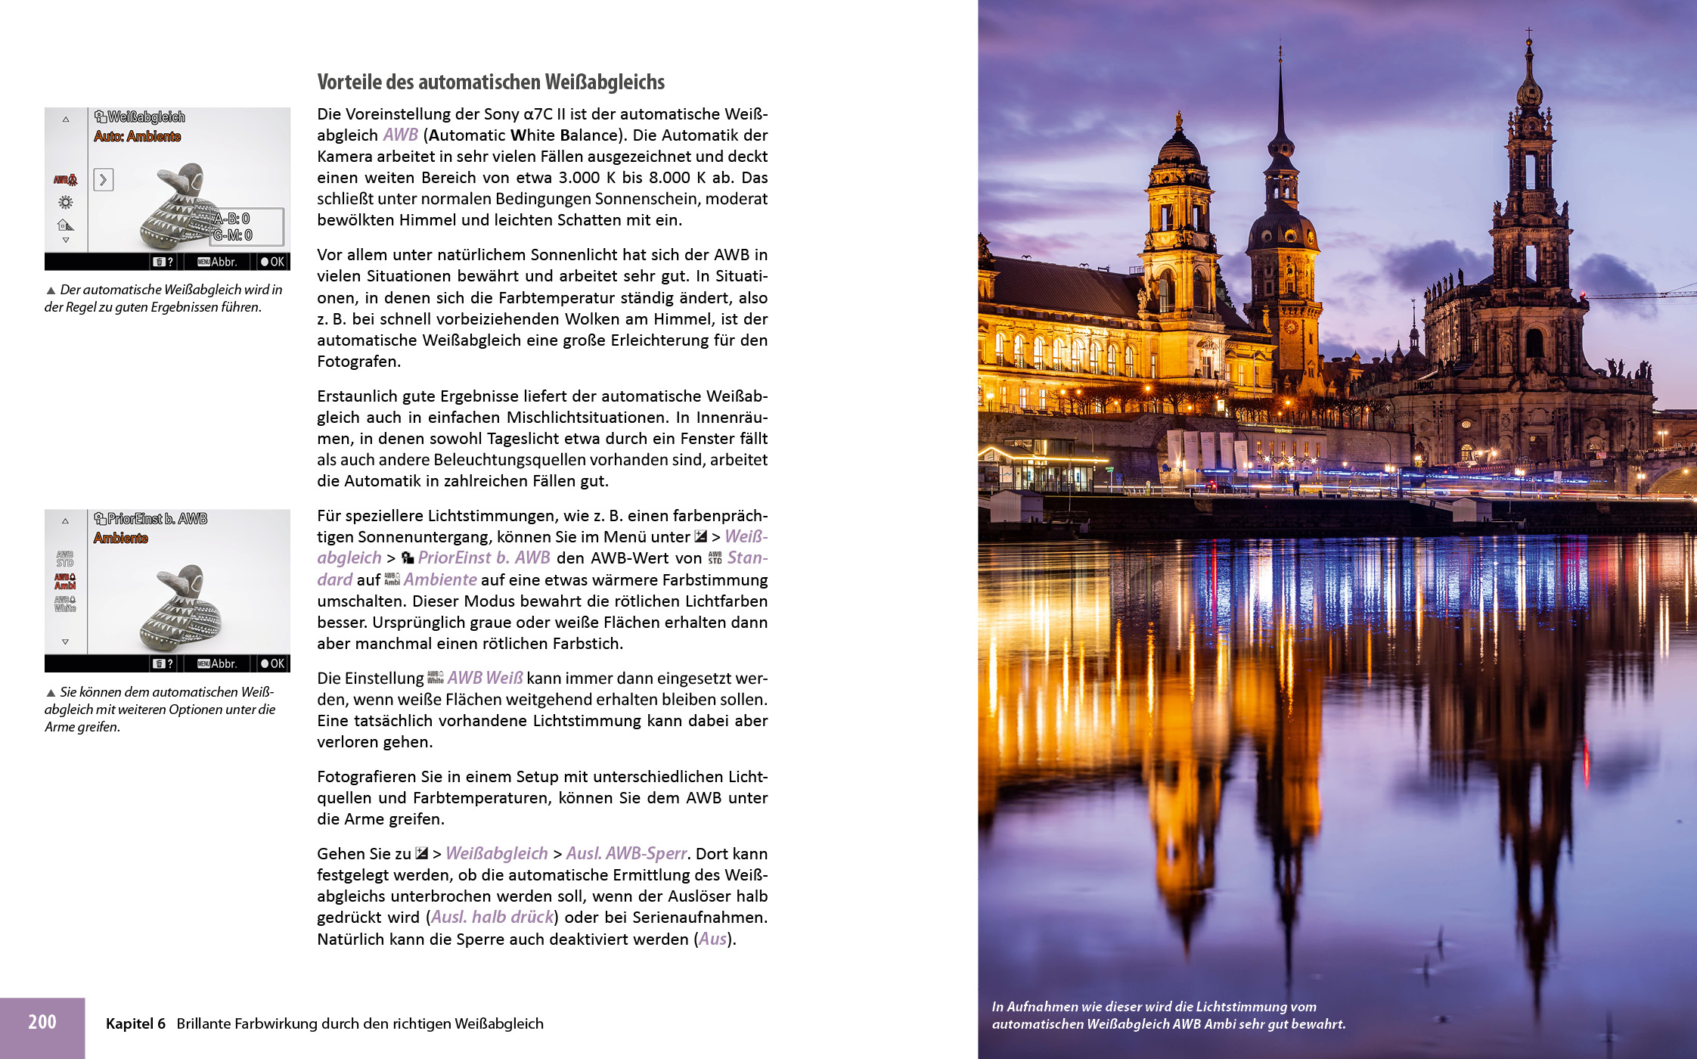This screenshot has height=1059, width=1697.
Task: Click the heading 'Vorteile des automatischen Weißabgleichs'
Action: coord(491,82)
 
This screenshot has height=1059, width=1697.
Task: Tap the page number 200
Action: coord(42,1022)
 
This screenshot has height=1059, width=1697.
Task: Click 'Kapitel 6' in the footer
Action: coord(135,1023)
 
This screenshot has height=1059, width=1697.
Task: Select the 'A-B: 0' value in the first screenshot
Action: coord(231,219)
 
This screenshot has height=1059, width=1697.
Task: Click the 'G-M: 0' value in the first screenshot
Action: coord(232,235)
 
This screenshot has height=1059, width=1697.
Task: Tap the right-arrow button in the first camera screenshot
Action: coord(104,179)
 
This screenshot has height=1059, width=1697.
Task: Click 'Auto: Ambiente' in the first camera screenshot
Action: coord(138,136)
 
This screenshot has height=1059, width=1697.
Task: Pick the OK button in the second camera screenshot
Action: coord(272,663)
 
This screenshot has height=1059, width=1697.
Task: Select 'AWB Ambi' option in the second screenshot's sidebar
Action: coord(65,581)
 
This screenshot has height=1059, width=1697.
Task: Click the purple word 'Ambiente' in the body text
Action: coord(440,579)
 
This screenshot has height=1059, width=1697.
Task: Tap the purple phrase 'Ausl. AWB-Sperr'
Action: coord(626,853)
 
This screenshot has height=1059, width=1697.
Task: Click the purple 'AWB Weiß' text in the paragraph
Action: coord(485,678)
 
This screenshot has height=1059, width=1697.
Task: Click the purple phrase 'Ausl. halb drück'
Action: coord(492,917)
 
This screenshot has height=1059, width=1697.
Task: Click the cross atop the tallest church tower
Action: coord(1529,33)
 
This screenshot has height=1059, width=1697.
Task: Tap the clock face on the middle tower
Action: coord(1291,327)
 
